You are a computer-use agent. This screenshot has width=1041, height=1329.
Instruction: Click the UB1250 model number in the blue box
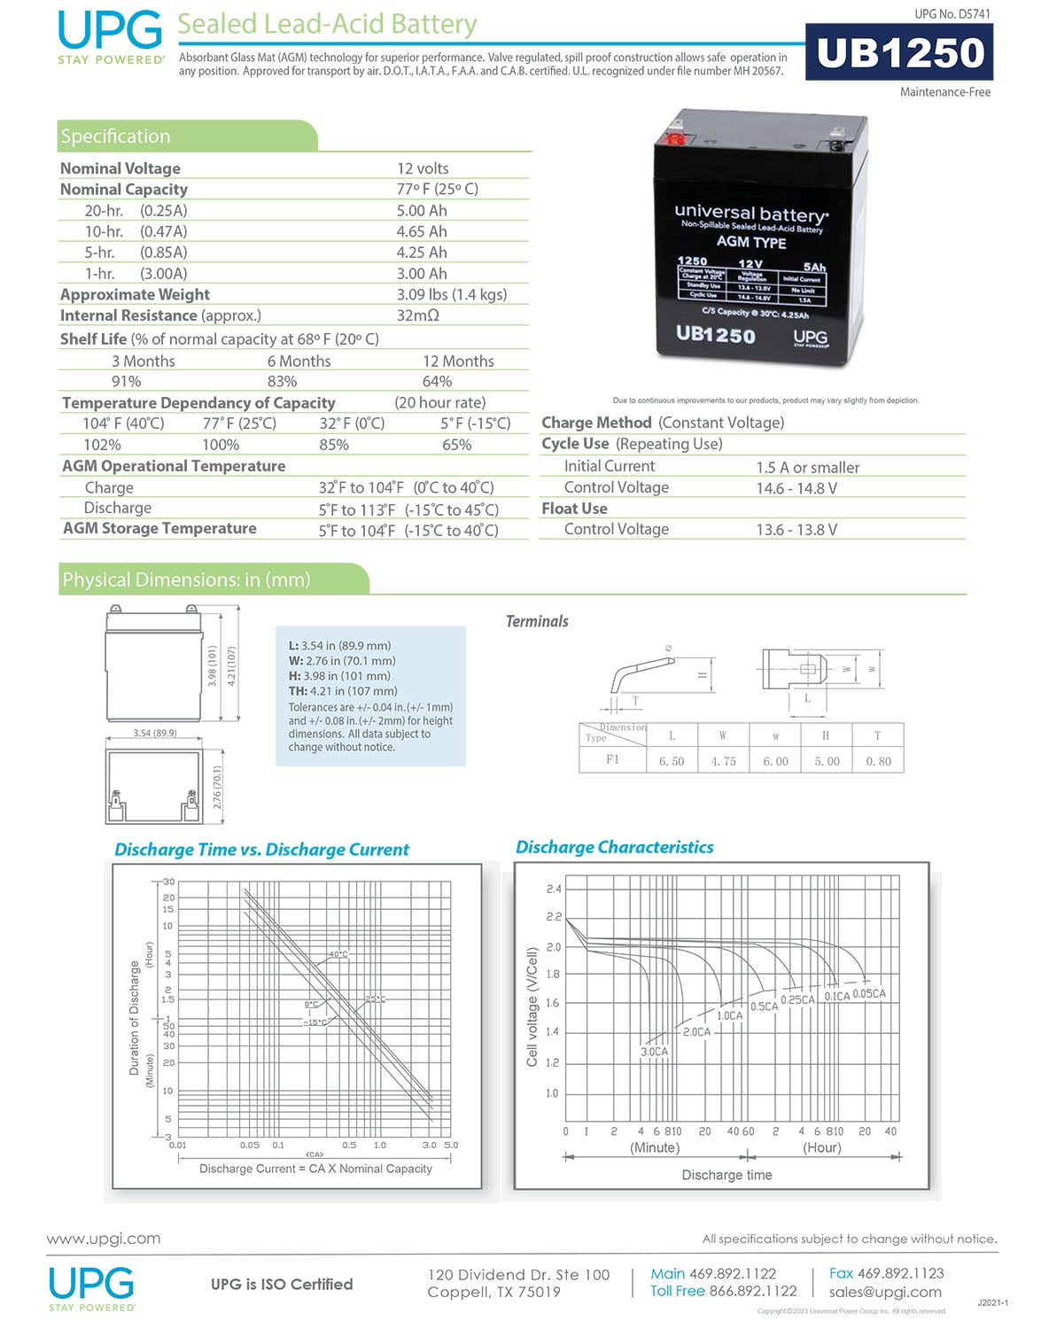tap(899, 53)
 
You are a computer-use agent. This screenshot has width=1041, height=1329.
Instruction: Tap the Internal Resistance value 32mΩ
tap(418, 315)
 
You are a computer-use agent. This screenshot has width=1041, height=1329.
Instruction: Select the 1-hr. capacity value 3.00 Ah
tap(422, 274)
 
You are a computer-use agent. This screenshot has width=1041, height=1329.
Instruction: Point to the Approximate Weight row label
tap(135, 294)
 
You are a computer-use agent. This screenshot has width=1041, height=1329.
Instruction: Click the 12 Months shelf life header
tap(458, 361)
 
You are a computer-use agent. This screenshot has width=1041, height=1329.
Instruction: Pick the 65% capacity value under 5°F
tap(456, 445)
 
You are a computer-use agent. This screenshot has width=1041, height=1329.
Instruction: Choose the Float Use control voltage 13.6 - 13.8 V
tap(796, 530)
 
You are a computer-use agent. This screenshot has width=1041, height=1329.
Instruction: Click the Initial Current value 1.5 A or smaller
tap(807, 467)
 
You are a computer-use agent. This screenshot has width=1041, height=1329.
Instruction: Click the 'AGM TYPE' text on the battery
tap(750, 242)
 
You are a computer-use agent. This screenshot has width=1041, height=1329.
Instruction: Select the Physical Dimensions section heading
tap(186, 579)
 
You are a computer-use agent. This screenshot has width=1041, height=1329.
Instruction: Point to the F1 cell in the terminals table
tap(612, 760)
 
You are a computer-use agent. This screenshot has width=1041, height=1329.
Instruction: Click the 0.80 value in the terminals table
tap(878, 761)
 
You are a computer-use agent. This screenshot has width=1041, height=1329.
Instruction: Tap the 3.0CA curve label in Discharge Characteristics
tap(654, 1052)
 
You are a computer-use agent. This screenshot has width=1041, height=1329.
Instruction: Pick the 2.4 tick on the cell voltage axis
tap(553, 889)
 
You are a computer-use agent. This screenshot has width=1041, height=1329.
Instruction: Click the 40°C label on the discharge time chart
tap(338, 954)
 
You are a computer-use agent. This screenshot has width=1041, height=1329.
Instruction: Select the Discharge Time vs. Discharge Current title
tap(261, 850)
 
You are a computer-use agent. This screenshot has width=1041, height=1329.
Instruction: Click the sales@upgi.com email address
tap(885, 1292)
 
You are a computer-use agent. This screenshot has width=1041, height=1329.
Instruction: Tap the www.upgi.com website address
tap(104, 1239)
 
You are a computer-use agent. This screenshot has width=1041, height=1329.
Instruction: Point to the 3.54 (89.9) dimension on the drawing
tap(155, 733)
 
